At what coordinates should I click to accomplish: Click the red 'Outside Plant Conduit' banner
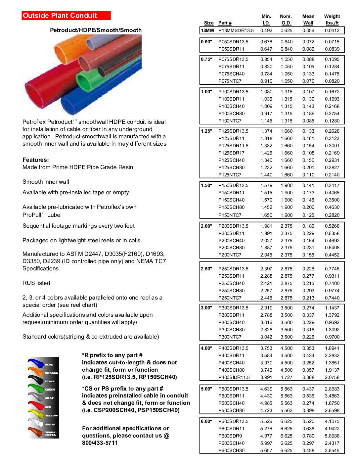pos(66,16)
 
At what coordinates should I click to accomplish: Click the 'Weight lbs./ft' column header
pos(332,20)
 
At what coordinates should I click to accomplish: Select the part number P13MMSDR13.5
pos(236,30)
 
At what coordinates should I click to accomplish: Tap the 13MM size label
pos(207,30)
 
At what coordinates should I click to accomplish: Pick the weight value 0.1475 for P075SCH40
pos(332,74)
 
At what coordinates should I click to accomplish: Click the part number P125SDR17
pos(231,153)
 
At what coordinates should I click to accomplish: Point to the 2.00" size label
pos(206,226)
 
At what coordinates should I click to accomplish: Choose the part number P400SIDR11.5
pos(234,377)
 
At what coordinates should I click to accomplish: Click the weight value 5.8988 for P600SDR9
pos(332,436)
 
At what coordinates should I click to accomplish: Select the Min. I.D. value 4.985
pos(266,403)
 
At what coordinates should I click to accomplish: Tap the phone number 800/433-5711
pos(100,443)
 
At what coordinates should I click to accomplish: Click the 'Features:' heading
pos(36,160)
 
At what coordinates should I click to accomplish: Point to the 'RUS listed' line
pos(36,283)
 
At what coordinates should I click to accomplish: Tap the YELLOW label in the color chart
pos(51,415)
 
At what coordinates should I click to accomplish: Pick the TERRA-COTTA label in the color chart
pos(51,434)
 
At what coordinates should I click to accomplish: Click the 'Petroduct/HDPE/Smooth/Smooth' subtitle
pos(96,30)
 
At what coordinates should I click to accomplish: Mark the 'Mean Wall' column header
pos(308,20)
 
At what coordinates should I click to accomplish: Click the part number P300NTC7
pos(230,337)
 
